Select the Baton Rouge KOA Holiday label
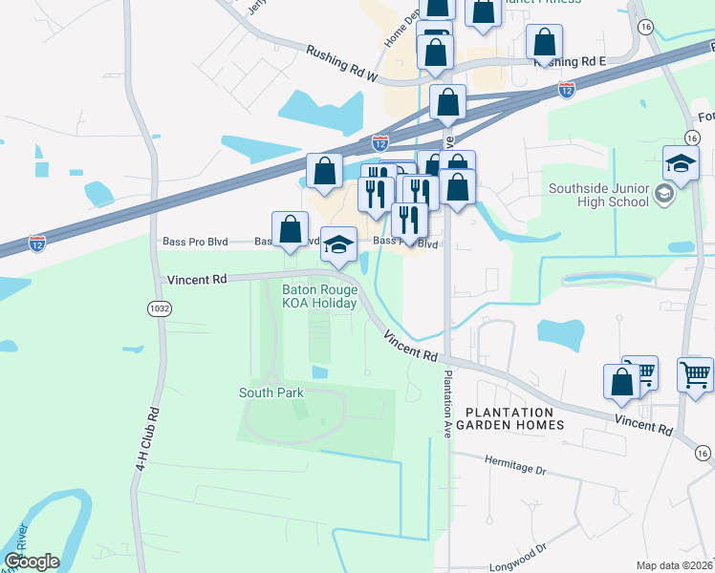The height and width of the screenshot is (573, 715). [319, 297]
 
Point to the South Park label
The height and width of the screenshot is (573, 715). [271, 393]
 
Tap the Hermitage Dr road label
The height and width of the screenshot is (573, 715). [513, 470]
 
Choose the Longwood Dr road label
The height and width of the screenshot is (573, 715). [514, 549]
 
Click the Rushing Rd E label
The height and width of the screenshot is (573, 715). [571, 61]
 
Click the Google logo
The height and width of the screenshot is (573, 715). [32, 562]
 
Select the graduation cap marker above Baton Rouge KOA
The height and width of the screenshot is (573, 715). [338, 244]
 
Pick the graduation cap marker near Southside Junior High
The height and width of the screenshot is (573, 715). [681, 163]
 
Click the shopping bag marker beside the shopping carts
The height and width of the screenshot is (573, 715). [621, 381]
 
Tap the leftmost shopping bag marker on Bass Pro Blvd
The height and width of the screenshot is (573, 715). [291, 229]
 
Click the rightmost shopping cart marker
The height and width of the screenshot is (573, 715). [695, 372]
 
